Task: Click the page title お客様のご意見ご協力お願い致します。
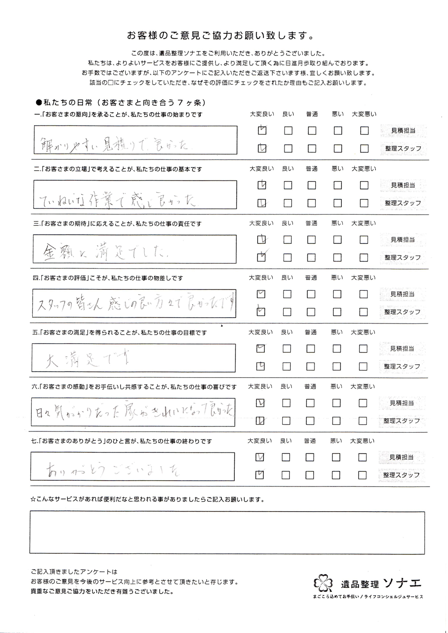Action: click(x=220, y=35)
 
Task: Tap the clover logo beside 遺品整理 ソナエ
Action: click(x=323, y=583)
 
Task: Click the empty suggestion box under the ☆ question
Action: click(x=227, y=533)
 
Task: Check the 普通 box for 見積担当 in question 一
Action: click(x=312, y=131)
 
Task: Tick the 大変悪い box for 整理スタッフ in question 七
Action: click(x=362, y=475)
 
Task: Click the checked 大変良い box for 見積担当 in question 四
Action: click(x=261, y=294)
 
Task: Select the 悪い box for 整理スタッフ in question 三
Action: click(x=337, y=258)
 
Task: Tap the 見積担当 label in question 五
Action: click(x=402, y=349)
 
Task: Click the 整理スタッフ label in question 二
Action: click(x=403, y=203)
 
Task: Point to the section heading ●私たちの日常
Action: click(x=120, y=103)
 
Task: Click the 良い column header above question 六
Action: click(x=286, y=386)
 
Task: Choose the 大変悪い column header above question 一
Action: click(x=364, y=114)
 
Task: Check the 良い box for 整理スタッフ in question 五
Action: click(x=287, y=366)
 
